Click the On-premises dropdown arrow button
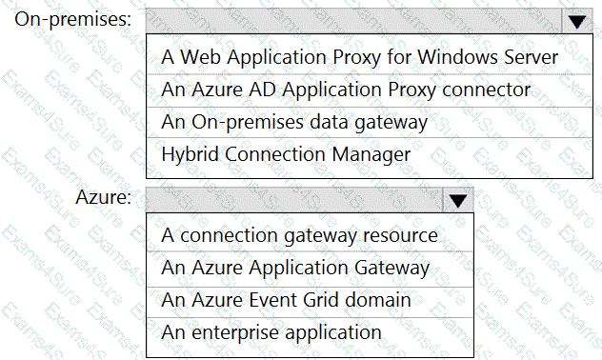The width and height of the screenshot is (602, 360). point(576,21)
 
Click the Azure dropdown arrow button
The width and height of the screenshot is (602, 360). point(457,200)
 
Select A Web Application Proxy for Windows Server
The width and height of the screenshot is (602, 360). point(360,57)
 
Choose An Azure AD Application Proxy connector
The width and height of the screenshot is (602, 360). point(346,90)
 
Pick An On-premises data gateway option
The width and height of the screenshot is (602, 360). point(294,122)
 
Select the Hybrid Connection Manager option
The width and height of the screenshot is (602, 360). point(286,154)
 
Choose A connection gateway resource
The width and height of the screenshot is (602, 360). point(299,235)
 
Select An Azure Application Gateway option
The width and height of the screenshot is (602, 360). point(295,268)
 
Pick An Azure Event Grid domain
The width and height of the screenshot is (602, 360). point(286,300)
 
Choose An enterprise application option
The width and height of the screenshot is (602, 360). point(271,332)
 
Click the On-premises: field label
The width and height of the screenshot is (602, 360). point(73,19)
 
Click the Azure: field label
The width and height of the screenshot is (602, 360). point(103,197)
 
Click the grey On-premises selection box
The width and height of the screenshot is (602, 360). point(353,21)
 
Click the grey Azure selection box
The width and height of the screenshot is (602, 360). point(294,200)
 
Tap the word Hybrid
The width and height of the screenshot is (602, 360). point(191,154)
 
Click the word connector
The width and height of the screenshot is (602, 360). point(487,90)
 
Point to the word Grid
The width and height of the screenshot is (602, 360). point(321,300)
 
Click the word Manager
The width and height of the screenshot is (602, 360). point(371,155)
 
